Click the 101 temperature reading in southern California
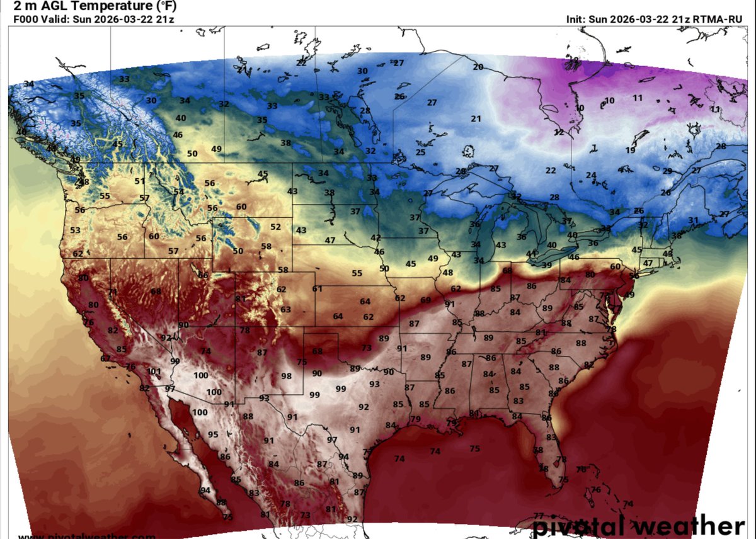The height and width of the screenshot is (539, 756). click(154, 372)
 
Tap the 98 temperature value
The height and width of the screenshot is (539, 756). click(287, 376)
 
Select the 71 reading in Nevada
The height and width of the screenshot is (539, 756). click(113, 292)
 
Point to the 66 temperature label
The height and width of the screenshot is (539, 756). click(203, 275)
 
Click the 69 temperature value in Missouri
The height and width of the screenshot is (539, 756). click(425, 300)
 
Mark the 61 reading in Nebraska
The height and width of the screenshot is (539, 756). click(318, 289)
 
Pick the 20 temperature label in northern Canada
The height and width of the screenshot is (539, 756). click(478, 67)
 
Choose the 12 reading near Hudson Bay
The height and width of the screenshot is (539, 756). click(559, 132)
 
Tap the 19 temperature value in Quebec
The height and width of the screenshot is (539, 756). click(631, 150)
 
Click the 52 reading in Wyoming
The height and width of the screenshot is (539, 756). click(276, 227)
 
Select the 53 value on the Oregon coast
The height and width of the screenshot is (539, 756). click(76, 230)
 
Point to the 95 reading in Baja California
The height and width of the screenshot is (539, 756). click(213, 434)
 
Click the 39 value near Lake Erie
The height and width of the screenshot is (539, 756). click(546, 265)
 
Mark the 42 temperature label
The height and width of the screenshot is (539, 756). click(376, 237)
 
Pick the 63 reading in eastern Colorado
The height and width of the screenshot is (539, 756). click(286, 310)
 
